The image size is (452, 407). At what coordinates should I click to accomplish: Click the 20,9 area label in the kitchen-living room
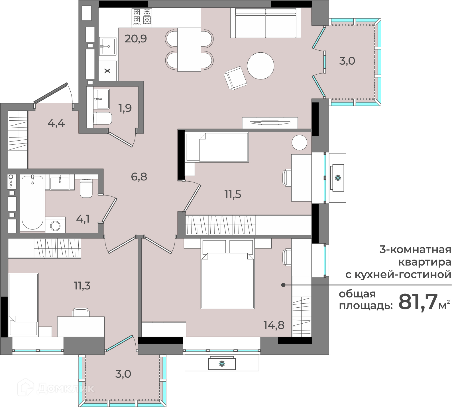[x=136, y=38]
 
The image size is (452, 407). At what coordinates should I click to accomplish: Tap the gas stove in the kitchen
[x=142, y=17]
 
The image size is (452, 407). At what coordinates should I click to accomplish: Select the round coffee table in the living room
[x=260, y=66]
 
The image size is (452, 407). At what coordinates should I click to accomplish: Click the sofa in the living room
[x=266, y=23]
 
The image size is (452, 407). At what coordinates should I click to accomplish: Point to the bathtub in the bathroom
[x=33, y=202]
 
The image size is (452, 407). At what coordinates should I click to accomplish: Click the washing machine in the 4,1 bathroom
[x=55, y=225]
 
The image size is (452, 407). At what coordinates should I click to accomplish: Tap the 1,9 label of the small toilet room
[x=125, y=108]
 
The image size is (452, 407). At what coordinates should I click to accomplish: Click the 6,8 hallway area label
[x=139, y=177]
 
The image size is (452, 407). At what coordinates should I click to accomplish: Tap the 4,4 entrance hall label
[x=57, y=123]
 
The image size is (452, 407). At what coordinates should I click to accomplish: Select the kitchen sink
[x=108, y=46]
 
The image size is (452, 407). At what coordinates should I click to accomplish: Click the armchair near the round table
[x=235, y=78]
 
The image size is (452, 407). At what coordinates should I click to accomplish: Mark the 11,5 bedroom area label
[x=233, y=195]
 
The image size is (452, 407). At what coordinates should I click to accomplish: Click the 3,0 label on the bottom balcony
[x=123, y=374]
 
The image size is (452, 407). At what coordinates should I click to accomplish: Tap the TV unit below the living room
[x=270, y=123]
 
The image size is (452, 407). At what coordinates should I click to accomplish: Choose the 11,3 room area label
[x=82, y=285]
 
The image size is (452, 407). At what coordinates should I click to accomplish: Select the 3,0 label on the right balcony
[x=347, y=61]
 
